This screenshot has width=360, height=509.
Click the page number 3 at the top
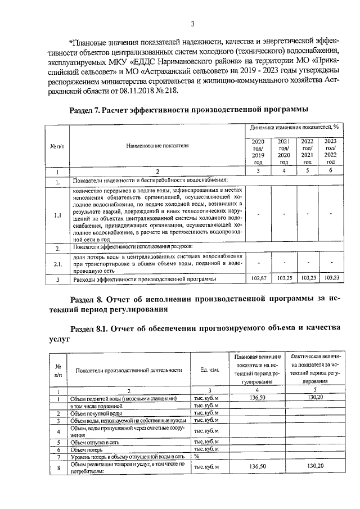tap(192, 24)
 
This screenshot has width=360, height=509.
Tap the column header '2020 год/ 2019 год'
tap(258, 151)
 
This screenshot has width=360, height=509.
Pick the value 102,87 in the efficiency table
tap(258, 278)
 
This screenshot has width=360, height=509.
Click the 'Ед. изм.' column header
tap(209, 370)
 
